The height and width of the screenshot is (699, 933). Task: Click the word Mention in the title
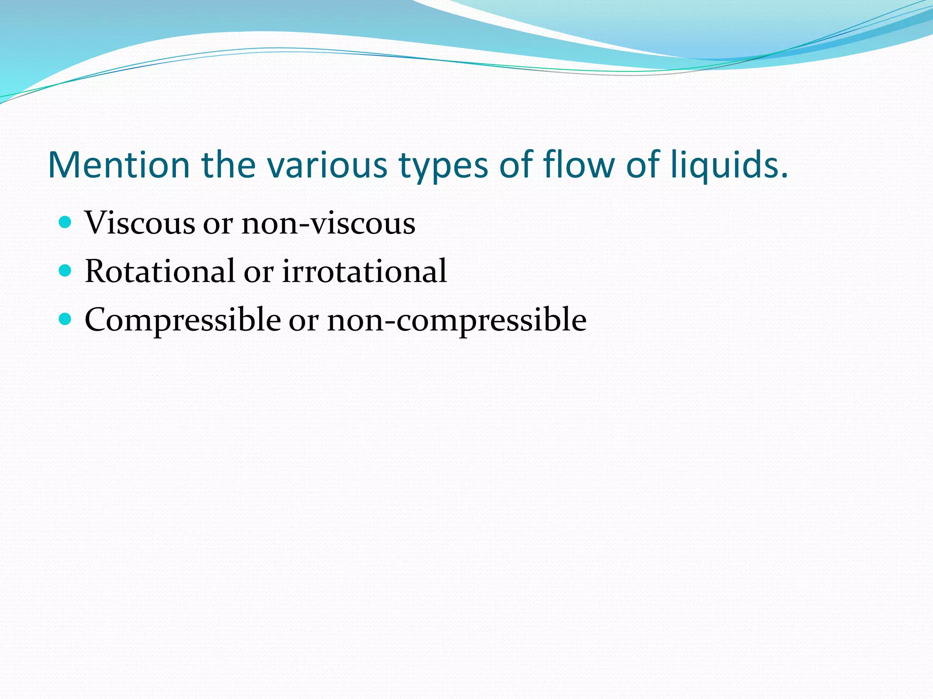coord(118,165)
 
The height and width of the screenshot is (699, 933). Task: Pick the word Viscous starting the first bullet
coord(140,223)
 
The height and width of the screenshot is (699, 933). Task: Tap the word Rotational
coord(159,271)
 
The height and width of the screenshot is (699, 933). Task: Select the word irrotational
coord(364,271)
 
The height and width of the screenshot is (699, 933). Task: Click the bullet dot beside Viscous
coord(66,223)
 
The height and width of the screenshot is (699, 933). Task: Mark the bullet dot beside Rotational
coord(66,271)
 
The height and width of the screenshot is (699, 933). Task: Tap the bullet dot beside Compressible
coord(66,319)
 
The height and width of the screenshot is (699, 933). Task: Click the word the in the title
coord(229,165)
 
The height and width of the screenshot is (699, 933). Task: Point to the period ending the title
coord(784,175)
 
